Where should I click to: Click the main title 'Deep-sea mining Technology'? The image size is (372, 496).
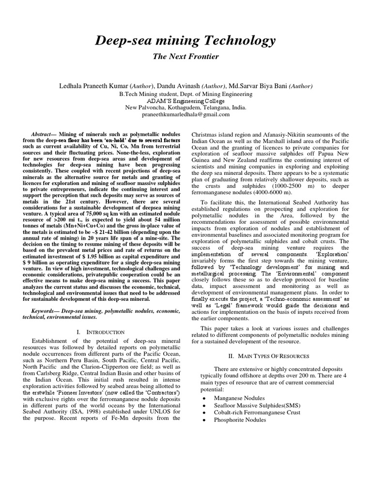[186, 40]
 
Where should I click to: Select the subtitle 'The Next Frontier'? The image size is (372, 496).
[186, 57]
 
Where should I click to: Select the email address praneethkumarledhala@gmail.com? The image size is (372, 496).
[186, 114]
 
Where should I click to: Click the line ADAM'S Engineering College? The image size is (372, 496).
[186, 101]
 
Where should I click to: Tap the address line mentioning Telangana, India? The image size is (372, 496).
[186, 108]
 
